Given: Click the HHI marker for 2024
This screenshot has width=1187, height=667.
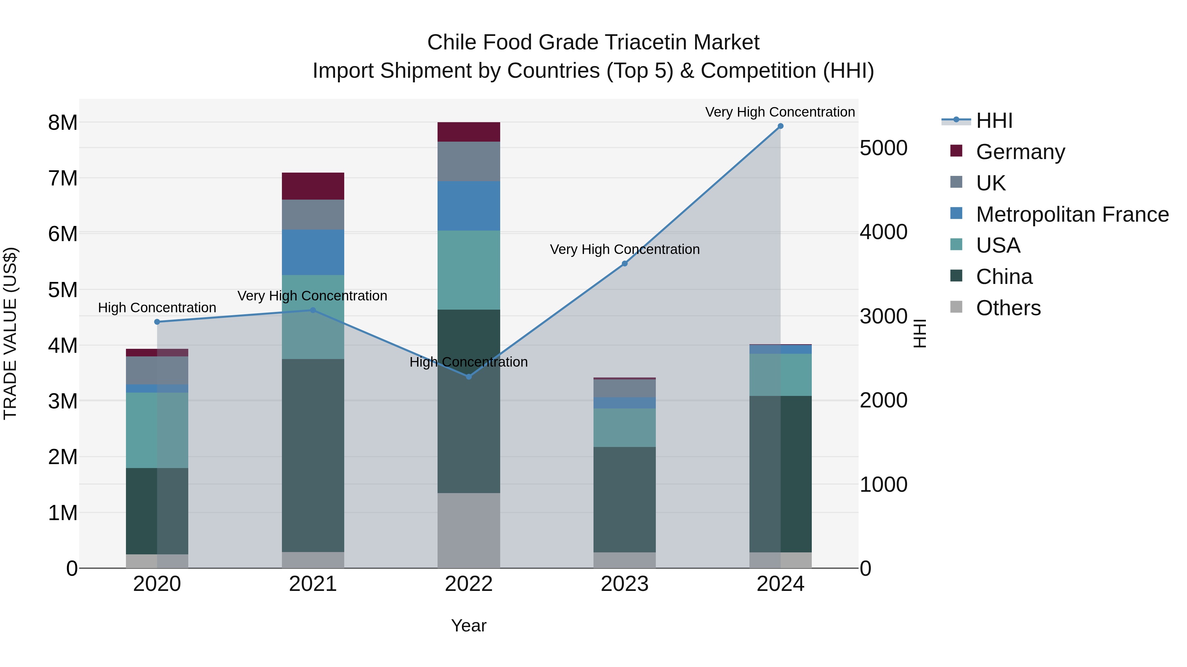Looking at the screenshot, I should pyautogui.click(x=780, y=126).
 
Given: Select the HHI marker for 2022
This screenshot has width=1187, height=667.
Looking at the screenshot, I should pyautogui.click(x=469, y=376).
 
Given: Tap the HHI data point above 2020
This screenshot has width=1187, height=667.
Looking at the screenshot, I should pyautogui.click(x=157, y=322).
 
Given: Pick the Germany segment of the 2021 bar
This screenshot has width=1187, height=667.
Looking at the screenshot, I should pyautogui.click(x=313, y=186).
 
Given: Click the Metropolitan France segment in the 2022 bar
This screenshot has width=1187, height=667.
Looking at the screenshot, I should pyautogui.click(x=469, y=206).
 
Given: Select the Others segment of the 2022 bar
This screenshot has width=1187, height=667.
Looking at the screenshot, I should pyautogui.click(x=469, y=530).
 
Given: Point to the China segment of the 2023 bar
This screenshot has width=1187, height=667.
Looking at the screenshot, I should pyautogui.click(x=624, y=499).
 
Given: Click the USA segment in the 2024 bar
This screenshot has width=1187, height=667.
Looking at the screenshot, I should pyautogui.click(x=780, y=375).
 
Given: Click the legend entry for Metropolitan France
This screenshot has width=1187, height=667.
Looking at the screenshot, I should pyautogui.click(x=1072, y=214).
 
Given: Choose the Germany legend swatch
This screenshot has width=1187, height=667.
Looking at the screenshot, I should pyautogui.click(x=956, y=151).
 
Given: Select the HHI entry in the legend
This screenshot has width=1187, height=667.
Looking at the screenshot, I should pyautogui.click(x=994, y=121).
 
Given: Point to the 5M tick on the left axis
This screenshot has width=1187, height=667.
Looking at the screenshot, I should pyautogui.click(x=63, y=290).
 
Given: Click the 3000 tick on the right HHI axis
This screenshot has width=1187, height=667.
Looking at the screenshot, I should pyautogui.click(x=883, y=316).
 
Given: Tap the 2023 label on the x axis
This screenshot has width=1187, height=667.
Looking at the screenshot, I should pyautogui.click(x=624, y=584).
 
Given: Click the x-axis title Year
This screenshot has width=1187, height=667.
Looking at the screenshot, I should pyautogui.click(x=469, y=625).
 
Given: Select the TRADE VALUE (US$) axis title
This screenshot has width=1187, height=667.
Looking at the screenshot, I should pyautogui.click(x=10, y=333).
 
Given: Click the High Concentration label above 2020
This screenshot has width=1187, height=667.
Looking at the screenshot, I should pyautogui.click(x=157, y=308).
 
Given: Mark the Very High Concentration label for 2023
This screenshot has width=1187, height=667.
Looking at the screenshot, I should pyautogui.click(x=624, y=249).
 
